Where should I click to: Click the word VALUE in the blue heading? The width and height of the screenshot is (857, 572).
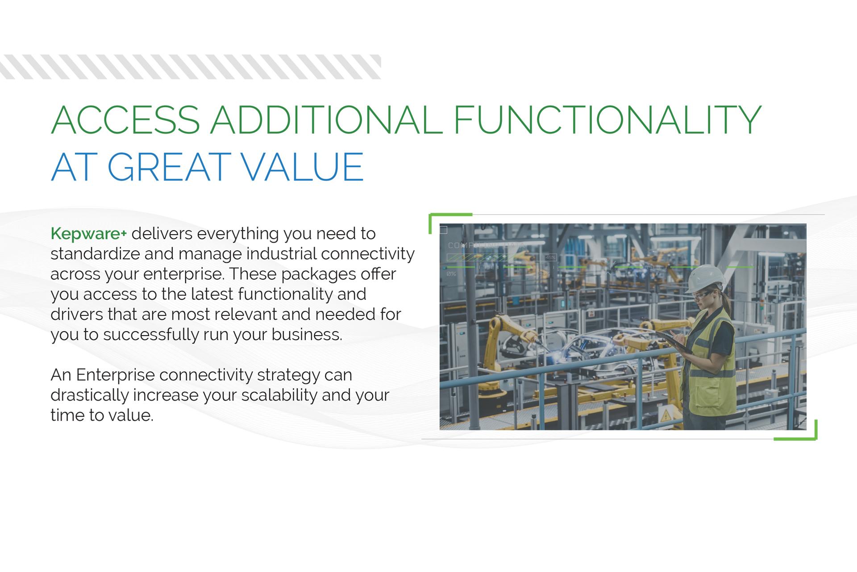tap(304, 167)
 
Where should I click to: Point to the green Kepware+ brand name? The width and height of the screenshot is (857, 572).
tap(89, 233)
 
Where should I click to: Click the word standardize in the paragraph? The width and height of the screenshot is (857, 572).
tap(95, 254)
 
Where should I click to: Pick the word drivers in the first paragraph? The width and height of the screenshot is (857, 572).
tap(77, 314)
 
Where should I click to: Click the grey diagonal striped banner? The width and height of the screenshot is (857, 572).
tap(190, 67)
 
